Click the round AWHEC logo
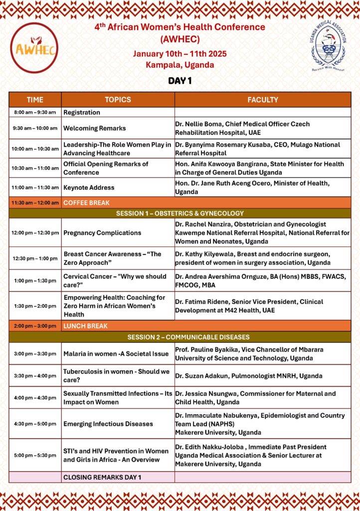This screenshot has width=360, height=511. pos(34,48)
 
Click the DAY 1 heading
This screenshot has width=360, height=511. pos(180,81)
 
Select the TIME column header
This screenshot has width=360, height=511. pos(35,100)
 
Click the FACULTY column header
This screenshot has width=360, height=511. pos(263,100)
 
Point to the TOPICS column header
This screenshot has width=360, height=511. pos(118,100)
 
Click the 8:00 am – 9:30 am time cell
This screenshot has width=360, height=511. pos(35,112)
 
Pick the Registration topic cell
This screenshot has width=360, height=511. pos(82,112)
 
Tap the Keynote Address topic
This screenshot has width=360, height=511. pos(89,188)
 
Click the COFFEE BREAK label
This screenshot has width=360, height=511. pos(86,203)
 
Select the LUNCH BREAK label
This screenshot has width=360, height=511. pos(85,326)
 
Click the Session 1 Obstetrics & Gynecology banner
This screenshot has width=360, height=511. pos(180,213)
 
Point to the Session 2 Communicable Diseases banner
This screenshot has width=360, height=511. pos(180,337)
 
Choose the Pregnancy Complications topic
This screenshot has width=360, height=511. pos(102,233)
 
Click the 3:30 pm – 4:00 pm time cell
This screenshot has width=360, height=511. pos(35,376)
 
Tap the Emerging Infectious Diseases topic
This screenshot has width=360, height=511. pos(108,424)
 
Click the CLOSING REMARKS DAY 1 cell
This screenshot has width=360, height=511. pos(102,477)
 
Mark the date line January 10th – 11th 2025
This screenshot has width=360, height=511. pos(180,54)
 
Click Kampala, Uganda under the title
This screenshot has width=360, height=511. pos(180,65)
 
